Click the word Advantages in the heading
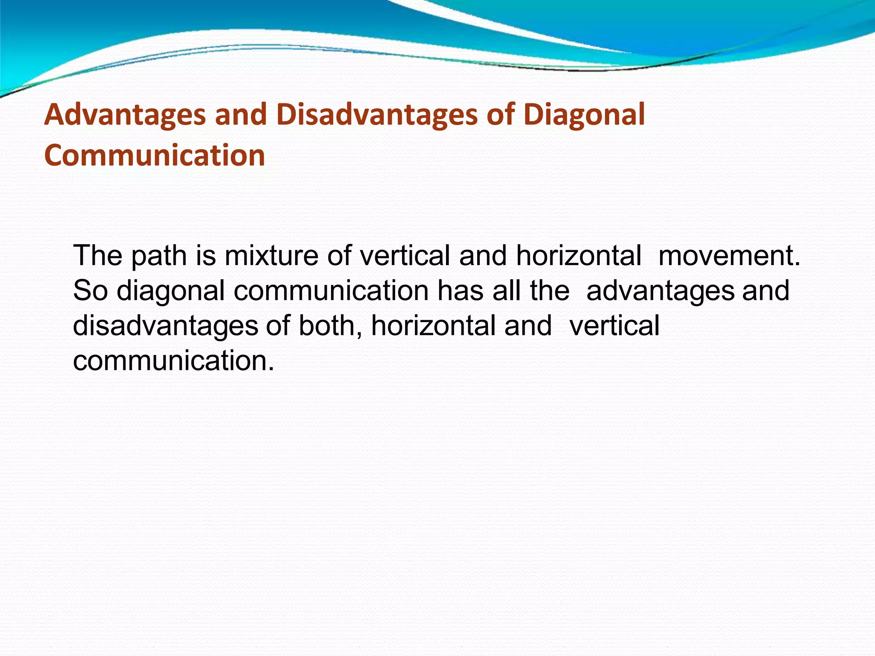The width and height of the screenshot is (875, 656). pyautogui.click(x=124, y=115)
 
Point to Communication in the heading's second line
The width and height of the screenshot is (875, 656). pyautogui.click(x=154, y=155)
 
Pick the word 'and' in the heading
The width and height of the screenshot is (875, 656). pyautogui.click(x=241, y=115)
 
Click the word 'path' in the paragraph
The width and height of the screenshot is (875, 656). pyautogui.click(x=159, y=256)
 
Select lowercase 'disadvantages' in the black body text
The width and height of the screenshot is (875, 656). pyautogui.click(x=165, y=326)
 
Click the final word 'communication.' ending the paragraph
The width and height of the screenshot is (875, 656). pyautogui.click(x=173, y=361)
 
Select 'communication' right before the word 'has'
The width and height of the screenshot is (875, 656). pyautogui.click(x=331, y=291)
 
